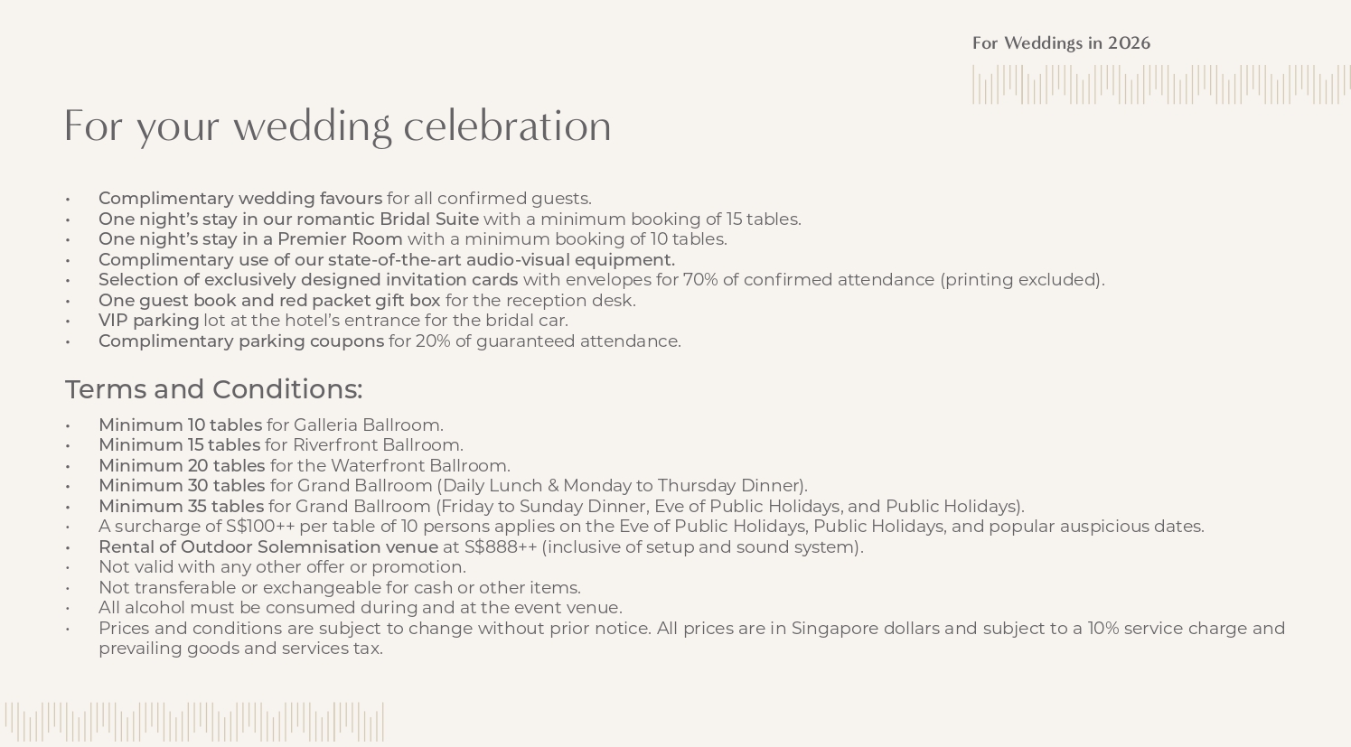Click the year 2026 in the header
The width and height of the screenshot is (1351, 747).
coord(1129,43)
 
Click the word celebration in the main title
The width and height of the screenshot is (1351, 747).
coord(507,126)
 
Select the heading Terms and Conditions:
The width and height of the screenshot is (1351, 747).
coord(213,389)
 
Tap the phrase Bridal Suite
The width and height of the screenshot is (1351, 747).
coord(428,219)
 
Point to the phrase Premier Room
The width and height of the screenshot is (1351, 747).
coord(340,239)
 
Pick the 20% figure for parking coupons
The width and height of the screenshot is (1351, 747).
coord(431,341)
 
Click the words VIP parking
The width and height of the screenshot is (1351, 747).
coord(148,321)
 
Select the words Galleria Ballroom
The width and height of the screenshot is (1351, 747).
coord(368,425)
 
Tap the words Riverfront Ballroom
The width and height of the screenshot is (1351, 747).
coord(378,445)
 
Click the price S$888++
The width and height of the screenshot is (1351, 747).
coord(501,547)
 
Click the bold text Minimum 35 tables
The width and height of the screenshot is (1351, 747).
coord(181,507)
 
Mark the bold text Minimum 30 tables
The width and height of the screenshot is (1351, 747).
coord(182,486)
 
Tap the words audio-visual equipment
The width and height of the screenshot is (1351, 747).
coord(570,260)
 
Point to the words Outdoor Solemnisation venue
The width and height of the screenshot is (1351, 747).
coord(309,547)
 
